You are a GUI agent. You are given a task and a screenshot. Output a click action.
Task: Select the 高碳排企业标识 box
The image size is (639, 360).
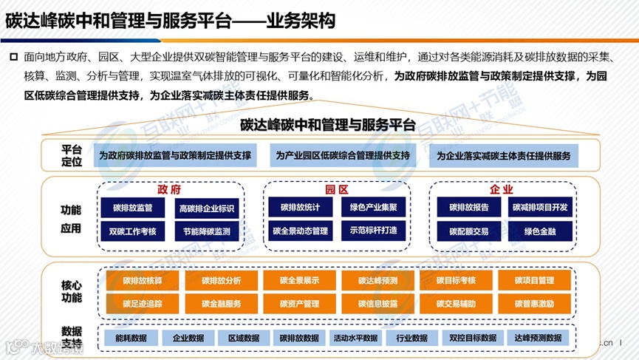click(206, 208)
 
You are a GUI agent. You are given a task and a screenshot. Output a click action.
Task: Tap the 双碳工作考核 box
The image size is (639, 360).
click(132, 231)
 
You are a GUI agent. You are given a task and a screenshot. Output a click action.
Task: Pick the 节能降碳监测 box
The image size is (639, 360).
click(206, 231)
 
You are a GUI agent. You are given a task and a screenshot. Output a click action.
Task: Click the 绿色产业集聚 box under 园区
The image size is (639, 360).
click(374, 208)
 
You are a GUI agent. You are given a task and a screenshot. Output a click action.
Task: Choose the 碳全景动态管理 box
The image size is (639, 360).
click(300, 231)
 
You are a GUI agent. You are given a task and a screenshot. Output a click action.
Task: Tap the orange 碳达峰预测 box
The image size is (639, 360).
click(377, 280)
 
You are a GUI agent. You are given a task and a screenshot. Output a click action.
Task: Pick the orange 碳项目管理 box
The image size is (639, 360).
click(536, 280)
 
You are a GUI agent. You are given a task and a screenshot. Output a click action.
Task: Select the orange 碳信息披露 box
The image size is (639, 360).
click(377, 304)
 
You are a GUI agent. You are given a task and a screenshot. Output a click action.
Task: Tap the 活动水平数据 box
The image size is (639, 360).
click(355, 338)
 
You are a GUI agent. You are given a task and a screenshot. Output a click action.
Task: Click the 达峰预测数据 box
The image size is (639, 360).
click(537, 338)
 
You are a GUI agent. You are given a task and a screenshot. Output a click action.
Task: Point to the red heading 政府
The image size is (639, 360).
click(169, 189)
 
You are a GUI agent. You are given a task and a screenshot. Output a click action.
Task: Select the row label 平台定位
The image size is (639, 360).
click(71, 155)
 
